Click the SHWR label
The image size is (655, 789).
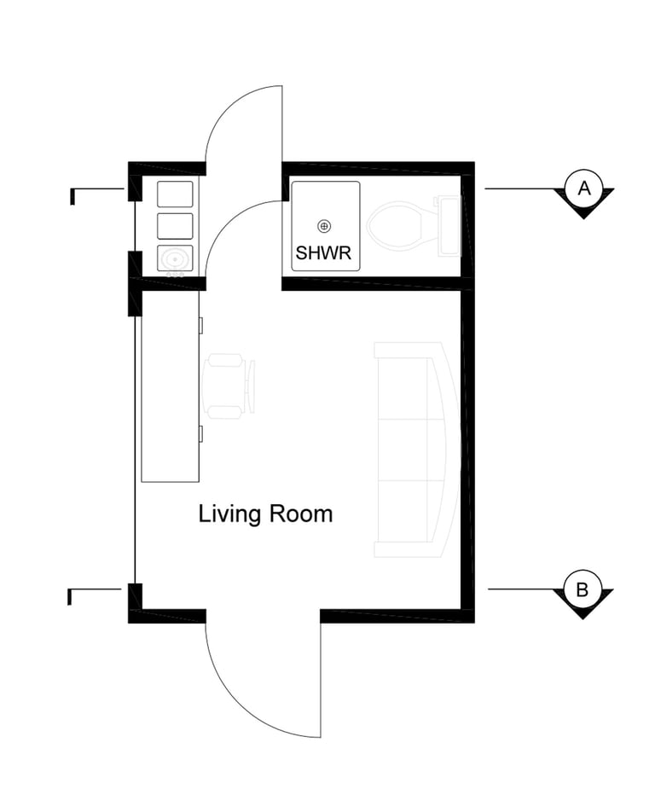click(323, 252)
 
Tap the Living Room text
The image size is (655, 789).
click(265, 514)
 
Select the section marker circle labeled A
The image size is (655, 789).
click(583, 189)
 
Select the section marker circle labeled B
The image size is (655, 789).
click(582, 589)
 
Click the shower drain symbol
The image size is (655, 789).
click(324, 226)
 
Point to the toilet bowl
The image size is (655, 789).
click(395, 225)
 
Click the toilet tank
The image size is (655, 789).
click(449, 226)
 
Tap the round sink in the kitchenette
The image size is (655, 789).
click(175, 259)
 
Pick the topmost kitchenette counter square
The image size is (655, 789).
click(175, 194)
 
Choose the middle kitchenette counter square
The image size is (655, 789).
click(175, 226)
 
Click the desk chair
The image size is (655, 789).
click(229, 386)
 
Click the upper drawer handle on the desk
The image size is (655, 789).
click(201, 326)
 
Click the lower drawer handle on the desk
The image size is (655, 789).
click(201, 434)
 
